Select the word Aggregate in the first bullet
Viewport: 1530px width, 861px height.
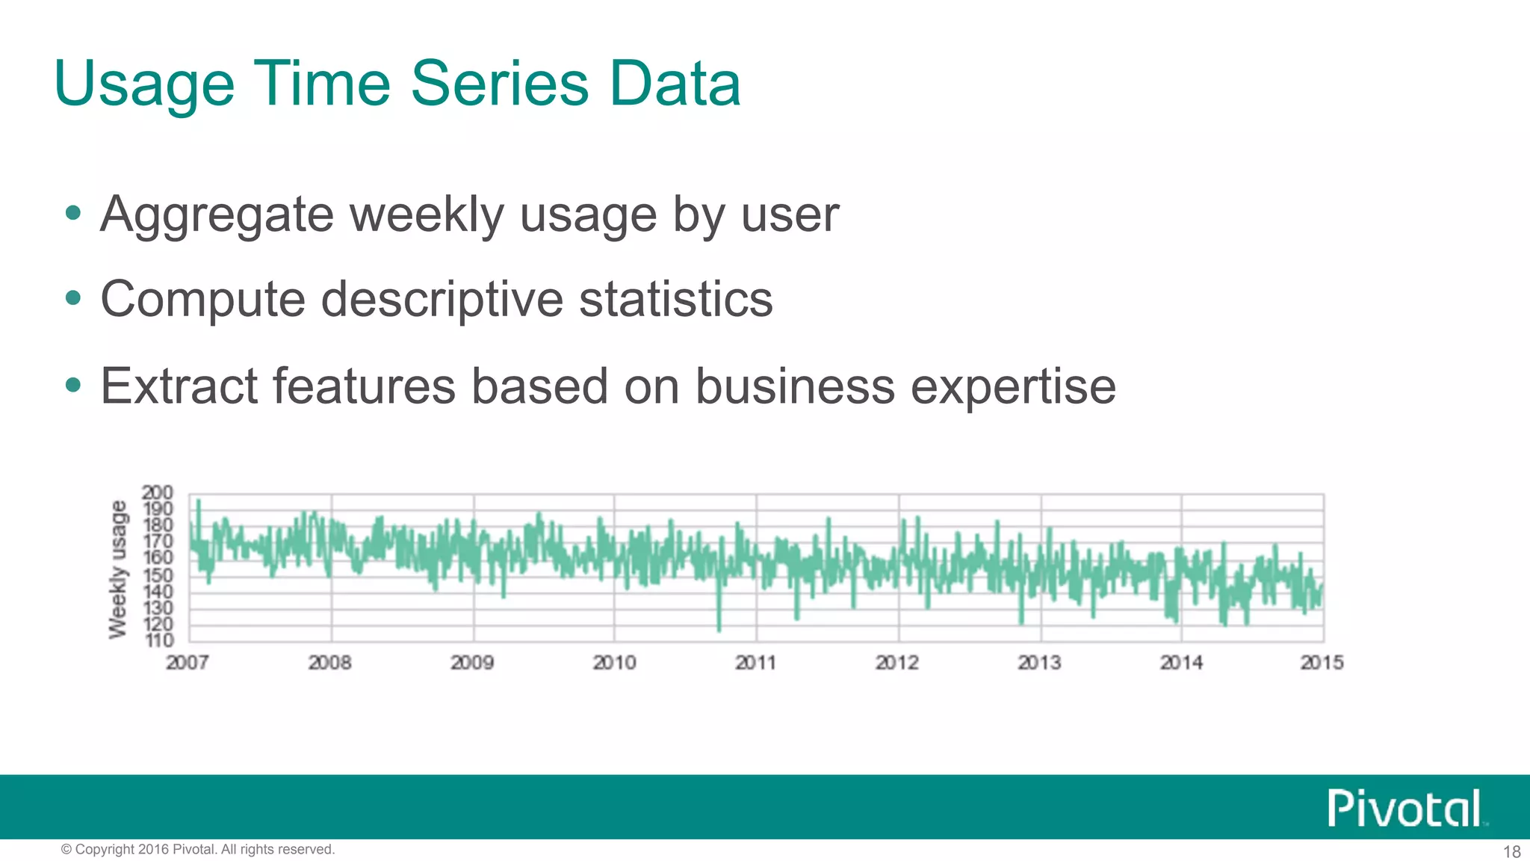[x=217, y=215]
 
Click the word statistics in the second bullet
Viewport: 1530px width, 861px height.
[x=675, y=299]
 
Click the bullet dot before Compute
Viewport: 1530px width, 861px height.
[x=72, y=299]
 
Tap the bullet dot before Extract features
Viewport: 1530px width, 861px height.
[x=72, y=386]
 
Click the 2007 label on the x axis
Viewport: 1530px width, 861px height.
[x=187, y=662]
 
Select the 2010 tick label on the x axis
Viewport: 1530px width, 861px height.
[x=614, y=662]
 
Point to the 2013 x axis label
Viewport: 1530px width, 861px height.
[x=1039, y=662]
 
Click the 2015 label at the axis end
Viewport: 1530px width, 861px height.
[x=1322, y=662]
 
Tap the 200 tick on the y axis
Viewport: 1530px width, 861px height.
[x=157, y=493]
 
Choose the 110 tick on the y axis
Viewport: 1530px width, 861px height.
[x=158, y=641]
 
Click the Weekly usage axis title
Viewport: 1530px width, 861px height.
[x=118, y=570]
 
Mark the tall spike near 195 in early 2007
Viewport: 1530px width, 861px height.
[x=198, y=502]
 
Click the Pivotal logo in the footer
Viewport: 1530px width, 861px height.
[x=1405, y=808]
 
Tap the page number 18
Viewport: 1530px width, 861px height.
[x=1511, y=851]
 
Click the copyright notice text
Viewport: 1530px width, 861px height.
[x=198, y=849]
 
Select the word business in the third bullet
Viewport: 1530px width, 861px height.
[x=795, y=386]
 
